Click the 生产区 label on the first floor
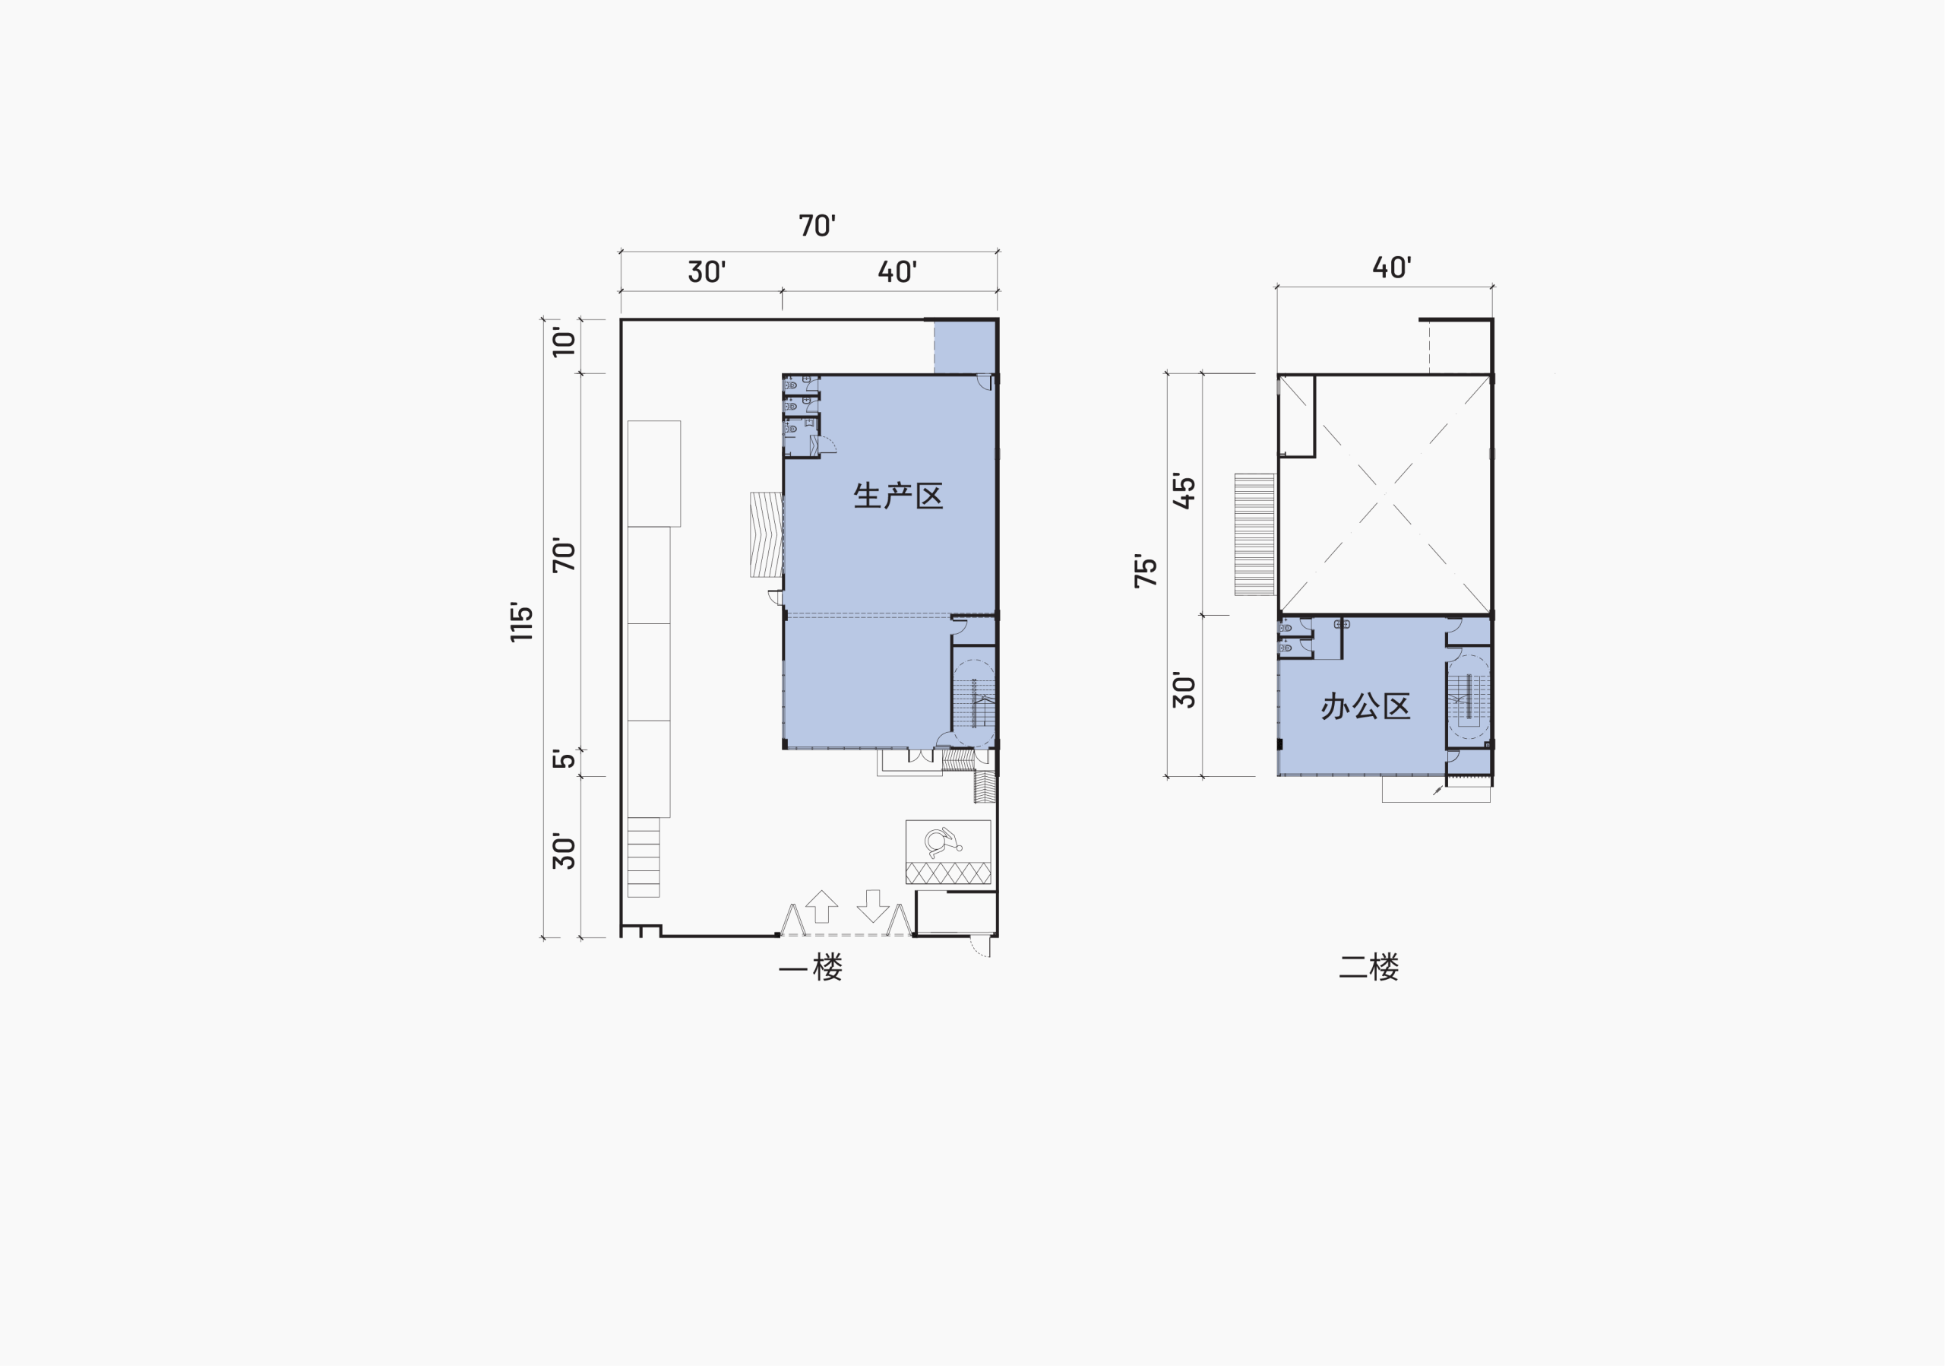[x=898, y=496]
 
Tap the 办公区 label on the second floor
[x=1365, y=706]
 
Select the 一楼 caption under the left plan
[x=811, y=968]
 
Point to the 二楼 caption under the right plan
[x=1369, y=967]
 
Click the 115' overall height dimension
[x=522, y=622]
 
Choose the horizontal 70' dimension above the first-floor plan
[x=817, y=226]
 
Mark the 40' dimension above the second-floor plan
[x=1392, y=268]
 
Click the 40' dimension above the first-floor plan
[x=897, y=272]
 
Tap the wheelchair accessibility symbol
[x=944, y=842]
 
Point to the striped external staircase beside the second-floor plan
[x=1254, y=534]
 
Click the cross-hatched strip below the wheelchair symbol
[x=948, y=873]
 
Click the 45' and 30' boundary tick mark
[x=1202, y=615]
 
